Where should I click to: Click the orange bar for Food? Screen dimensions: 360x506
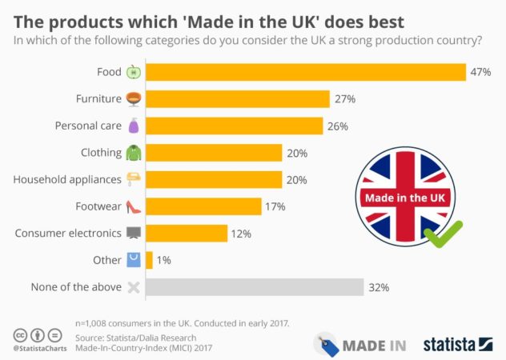(305, 72)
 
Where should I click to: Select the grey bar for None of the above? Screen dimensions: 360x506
(254, 287)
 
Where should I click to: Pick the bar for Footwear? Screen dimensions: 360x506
(203, 206)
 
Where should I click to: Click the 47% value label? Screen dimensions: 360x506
(480, 72)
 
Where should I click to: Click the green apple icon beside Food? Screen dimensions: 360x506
(133, 72)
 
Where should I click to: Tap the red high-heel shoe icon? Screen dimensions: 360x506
(133, 207)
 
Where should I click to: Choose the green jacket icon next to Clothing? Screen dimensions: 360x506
(133, 153)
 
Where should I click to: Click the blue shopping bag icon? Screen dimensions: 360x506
(133, 260)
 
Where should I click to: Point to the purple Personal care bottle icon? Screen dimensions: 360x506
(133, 126)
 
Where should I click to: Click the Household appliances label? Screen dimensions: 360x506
(66, 179)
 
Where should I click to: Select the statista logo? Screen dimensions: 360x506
(458, 344)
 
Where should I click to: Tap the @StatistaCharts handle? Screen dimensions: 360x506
(40, 349)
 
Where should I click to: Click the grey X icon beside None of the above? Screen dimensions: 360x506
(133, 287)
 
